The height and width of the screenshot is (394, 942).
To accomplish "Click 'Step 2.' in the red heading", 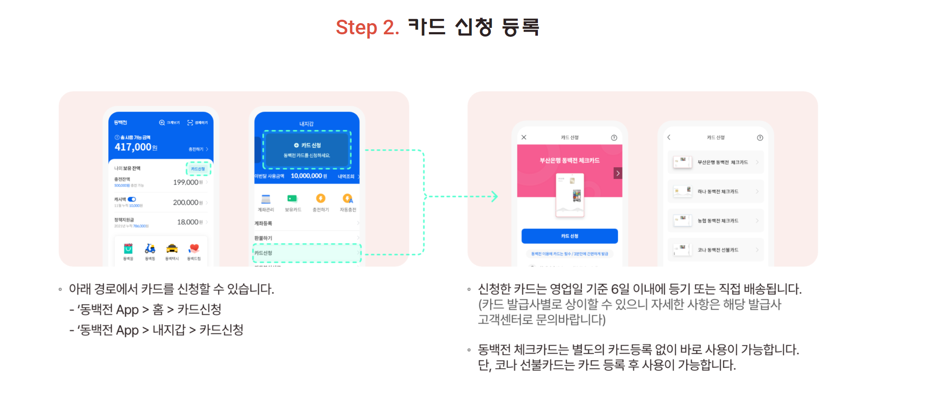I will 367,28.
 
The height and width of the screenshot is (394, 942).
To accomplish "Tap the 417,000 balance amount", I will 133,147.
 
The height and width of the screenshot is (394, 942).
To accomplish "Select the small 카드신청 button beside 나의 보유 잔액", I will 198,169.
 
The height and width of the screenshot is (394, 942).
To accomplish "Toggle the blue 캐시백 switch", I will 132,199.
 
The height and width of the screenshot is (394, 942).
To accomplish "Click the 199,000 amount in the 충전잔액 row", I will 186,182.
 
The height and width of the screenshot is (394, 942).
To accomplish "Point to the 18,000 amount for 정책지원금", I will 187,222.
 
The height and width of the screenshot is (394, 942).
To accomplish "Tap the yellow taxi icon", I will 172,249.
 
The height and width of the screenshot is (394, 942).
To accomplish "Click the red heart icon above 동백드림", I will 194,249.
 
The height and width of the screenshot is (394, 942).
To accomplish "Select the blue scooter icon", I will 150,249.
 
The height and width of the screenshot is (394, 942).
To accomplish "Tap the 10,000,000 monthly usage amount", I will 306,176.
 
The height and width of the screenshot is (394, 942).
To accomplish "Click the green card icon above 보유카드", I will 292,199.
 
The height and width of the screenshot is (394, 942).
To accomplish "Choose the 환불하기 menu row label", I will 263,238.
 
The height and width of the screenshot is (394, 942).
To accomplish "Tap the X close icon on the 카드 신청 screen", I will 524,138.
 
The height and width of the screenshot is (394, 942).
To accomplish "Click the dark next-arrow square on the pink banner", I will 618,173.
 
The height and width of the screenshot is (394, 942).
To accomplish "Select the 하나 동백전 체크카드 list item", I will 716,191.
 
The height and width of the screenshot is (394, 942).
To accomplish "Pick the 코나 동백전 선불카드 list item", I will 716,250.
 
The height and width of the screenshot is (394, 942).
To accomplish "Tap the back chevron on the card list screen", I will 669,138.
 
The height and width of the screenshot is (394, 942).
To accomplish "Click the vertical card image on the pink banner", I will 570,195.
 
